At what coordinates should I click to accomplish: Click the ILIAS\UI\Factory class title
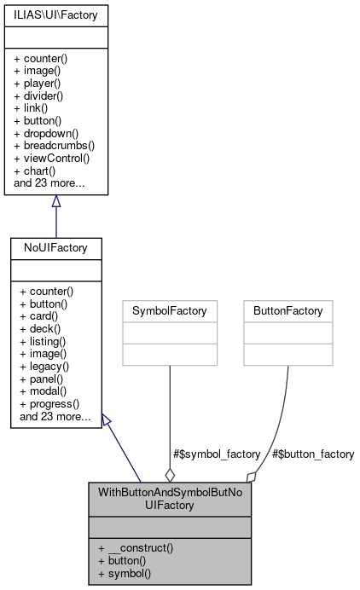pos(56,14)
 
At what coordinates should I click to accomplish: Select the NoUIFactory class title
pos(56,247)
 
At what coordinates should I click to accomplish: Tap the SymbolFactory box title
pos(170,311)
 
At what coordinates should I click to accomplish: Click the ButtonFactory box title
pos(287,311)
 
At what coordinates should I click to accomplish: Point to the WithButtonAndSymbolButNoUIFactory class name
pos(170,499)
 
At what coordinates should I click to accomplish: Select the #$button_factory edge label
pos(312,454)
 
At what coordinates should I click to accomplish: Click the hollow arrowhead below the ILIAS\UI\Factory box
pos(56,202)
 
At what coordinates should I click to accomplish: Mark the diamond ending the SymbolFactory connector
pos(170,473)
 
